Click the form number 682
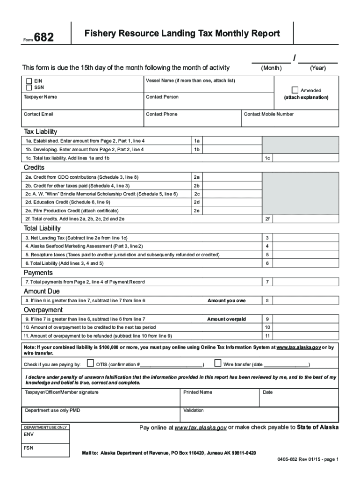pos(43,37)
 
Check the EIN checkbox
pos(29,81)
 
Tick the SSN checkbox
pos(29,87)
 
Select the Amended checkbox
pos(295,90)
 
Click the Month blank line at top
pos(271,60)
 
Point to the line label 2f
pos(267,218)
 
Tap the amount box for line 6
pos(305,263)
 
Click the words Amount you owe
pos(226,300)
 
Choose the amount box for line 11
pos(305,336)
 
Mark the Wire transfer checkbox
pos(217,363)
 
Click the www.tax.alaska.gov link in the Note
pos(298,348)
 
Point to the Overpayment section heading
pos(43,310)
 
